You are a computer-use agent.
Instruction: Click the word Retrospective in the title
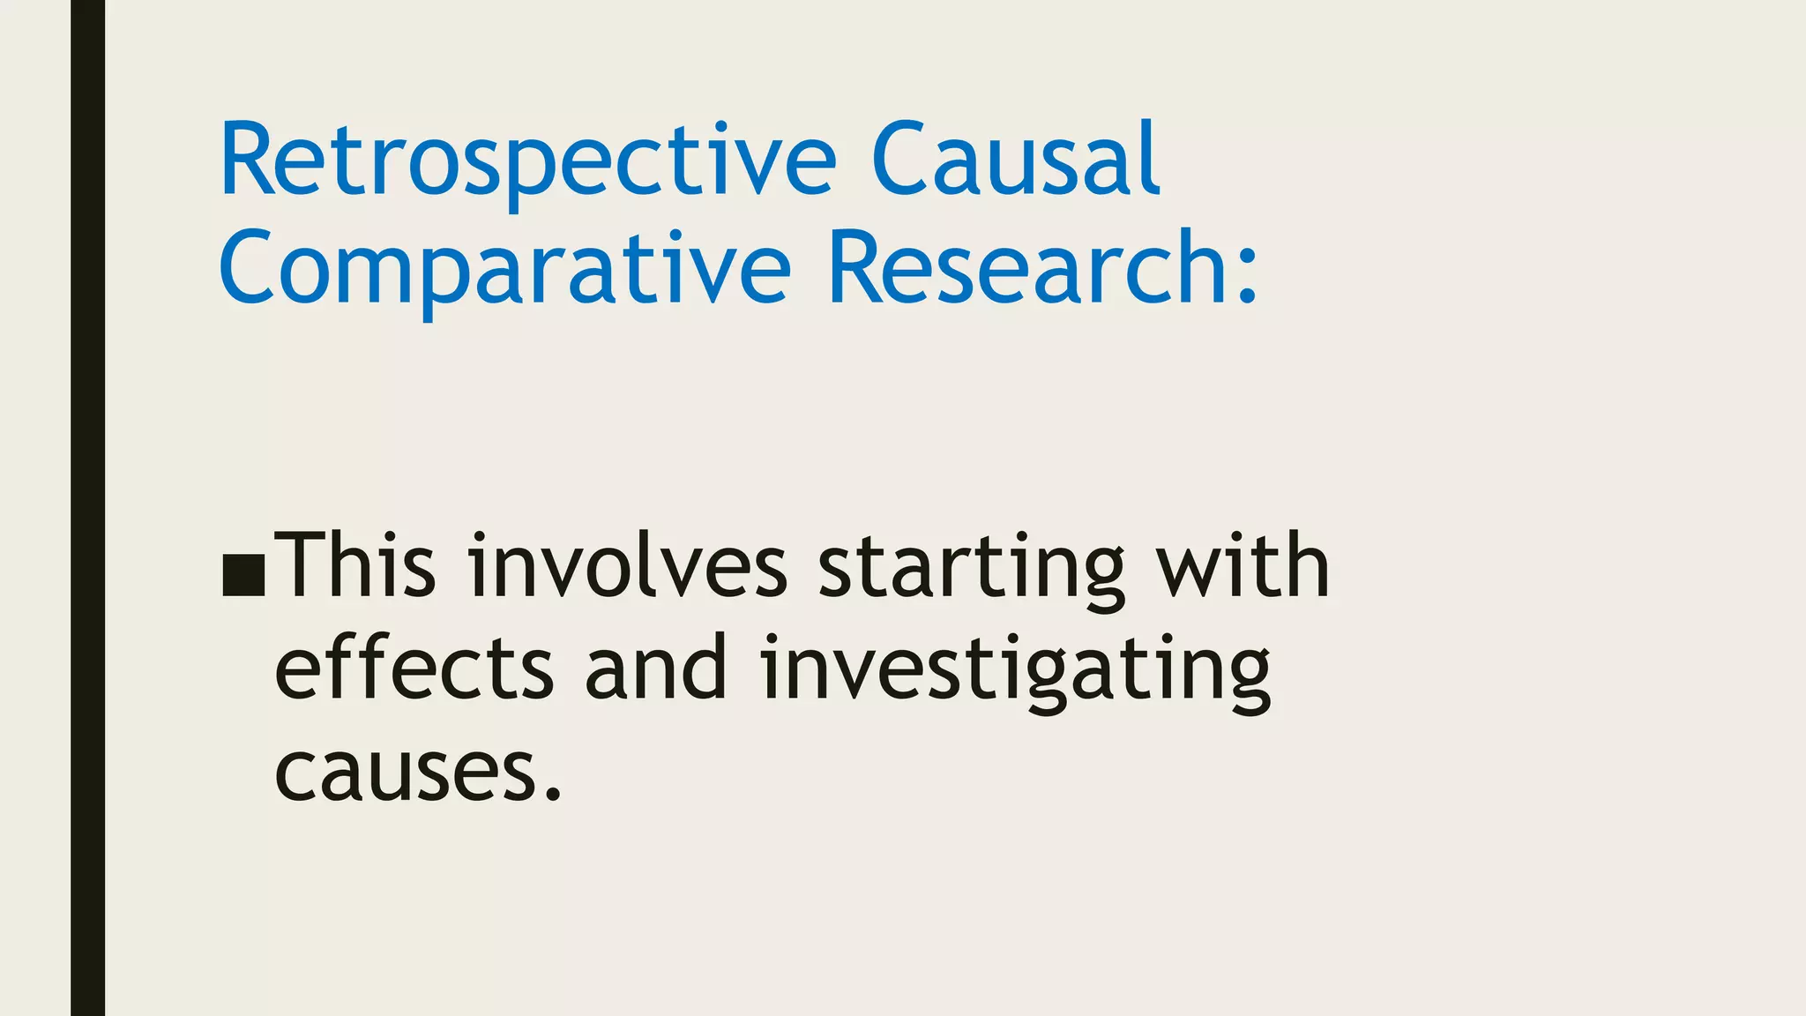pos(527,161)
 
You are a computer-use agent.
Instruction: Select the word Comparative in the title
pos(504,269)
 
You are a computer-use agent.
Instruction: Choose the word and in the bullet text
pos(656,668)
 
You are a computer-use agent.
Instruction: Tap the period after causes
pos(553,794)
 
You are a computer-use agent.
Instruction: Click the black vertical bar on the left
pos(87,508)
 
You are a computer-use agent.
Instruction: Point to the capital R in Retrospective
pos(248,160)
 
